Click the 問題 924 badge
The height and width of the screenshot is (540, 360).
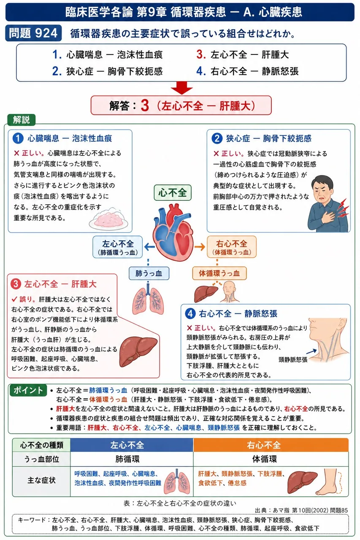click(33, 33)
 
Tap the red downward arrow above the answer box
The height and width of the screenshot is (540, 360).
click(181, 88)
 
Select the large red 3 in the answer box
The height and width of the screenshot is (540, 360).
click(145, 105)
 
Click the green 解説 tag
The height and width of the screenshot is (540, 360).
click(22, 119)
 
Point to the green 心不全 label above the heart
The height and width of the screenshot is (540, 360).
click(173, 193)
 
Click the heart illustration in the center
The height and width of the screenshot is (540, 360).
click(173, 232)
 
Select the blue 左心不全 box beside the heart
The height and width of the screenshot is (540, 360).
click(118, 247)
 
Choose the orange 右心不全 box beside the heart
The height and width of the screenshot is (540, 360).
click(232, 247)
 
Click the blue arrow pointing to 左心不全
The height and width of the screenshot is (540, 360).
click(149, 247)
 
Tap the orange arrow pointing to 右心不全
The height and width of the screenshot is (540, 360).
click(200, 247)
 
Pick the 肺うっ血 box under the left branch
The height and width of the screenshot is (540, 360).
click(149, 273)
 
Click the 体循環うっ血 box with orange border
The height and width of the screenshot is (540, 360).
click(219, 273)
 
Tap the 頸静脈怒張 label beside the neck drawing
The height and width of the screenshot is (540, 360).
click(293, 360)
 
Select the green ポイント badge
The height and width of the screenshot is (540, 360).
click(28, 390)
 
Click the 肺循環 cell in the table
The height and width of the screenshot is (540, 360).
click(127, 459)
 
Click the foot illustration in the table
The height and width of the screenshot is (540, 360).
click(329, 482)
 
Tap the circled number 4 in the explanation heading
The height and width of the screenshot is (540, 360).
click(190, 313)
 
